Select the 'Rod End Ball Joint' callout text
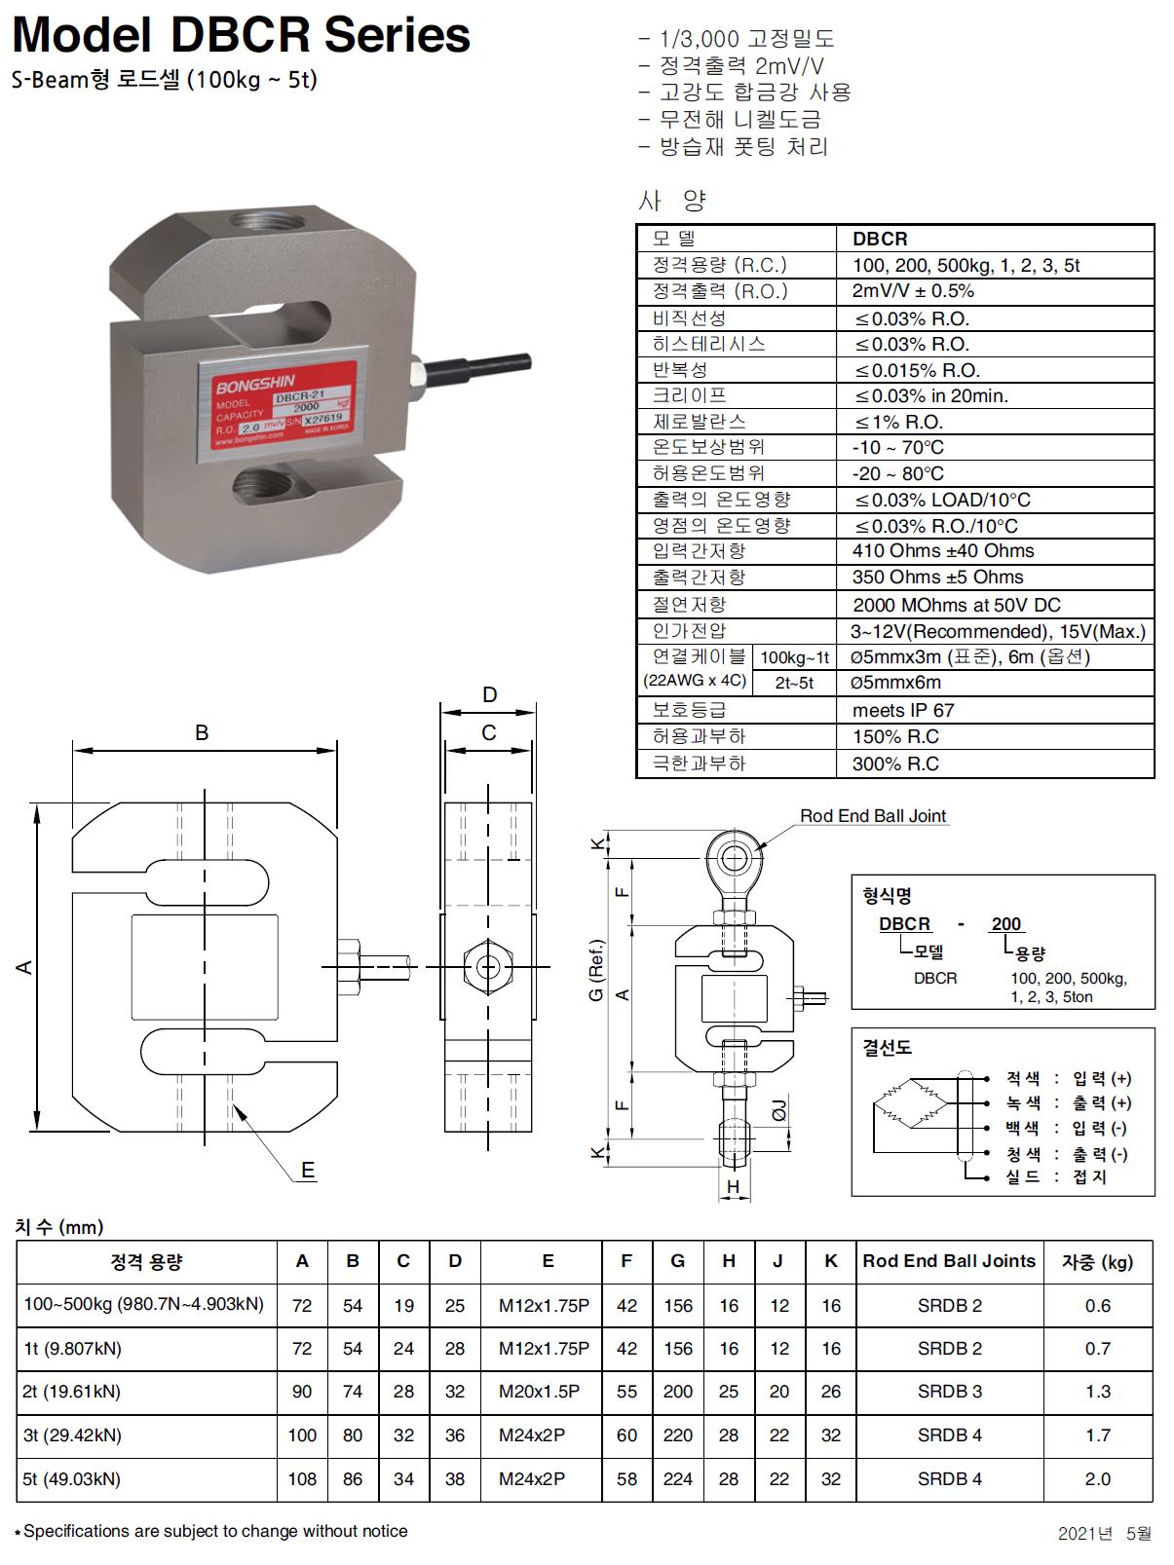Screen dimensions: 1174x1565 [x=872, y=816]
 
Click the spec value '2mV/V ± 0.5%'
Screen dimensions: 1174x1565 [x=912, y=291]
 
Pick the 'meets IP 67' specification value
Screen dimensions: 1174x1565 [x=903, y=710]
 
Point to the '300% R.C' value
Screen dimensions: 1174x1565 [x=895, y=764]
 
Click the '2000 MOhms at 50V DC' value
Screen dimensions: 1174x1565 [x=956, y=605]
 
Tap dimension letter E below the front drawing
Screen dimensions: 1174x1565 [x=308, y=1170]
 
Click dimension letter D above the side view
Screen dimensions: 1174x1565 [x=489, y=694]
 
